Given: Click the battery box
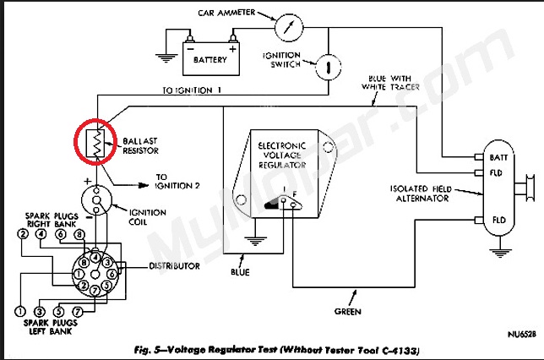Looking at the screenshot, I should pos(210,60).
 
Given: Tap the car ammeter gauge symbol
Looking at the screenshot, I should pos(291,26).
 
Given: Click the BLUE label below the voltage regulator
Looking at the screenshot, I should pos(240,272).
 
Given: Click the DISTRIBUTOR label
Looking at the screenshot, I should pos(175,266).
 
